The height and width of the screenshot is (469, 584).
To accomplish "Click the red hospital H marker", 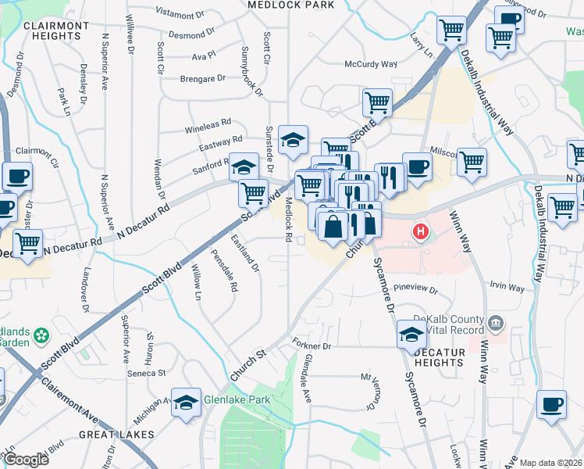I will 421,232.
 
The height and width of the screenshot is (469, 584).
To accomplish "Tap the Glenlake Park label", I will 236,399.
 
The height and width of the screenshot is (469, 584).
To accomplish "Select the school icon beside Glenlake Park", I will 187,403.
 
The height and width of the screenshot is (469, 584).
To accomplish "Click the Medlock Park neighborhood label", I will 290,5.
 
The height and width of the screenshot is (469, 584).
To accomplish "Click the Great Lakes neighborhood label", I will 116,434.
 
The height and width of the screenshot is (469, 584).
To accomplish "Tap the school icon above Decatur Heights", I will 411,335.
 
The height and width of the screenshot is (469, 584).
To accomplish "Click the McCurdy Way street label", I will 371,65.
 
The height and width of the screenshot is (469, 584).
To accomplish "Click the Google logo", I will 27,460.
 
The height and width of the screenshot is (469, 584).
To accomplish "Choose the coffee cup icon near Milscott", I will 417,166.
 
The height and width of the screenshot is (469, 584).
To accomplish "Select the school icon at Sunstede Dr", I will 294,140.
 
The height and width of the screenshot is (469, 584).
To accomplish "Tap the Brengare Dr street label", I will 202,78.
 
